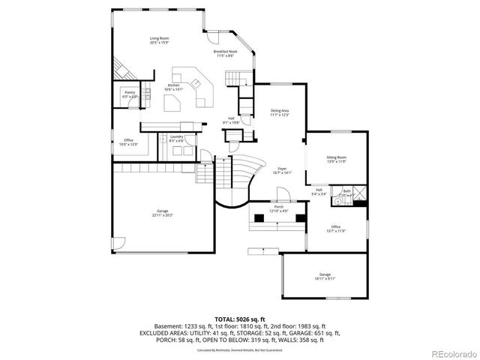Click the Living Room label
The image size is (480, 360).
pyautogui.click(x=158, y=39)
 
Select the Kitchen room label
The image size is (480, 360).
pyautogui.click(x=174, y=87)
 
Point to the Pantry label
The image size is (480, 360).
pyautogui.click(x=130, y=94)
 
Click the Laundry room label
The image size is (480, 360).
pyautogui.click(x=176, y=138)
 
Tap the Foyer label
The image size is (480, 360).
pyautogui.click(x=282, y=170)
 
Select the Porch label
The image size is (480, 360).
pyautogui.click(x=278, y=208)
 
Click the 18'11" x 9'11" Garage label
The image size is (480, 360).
pyautogui.click(x=325, y=276)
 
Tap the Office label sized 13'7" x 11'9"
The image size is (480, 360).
pyautogui.click(x=335, y=229)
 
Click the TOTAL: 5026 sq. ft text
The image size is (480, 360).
pyautogui.click(x=239, y=319)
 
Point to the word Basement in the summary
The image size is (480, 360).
pyautogui.click(x=166, y=327)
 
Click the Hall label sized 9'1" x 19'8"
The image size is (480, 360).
pyautogui.click(x=232, y=120)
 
